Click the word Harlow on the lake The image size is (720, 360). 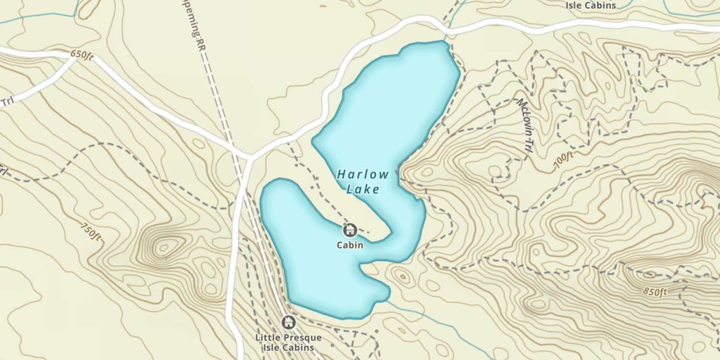pyautogui.click(x=362, y=174)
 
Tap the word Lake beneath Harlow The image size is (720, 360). pyautogui.click(x=362, y=189)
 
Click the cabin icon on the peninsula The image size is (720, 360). pyautogui.click(x=350, y=230)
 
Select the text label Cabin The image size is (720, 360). pyautogui.click(x=350, y=245)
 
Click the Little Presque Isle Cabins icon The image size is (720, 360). pyautogui.click(x=288, y=322)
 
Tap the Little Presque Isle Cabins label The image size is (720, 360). pyautogui.click(x=288, y=342)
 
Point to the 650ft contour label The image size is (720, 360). pyautogui.click(x=82, y=55)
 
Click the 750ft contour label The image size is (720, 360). pyautogui.click(x=91, y=232)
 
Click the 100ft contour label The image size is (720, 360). pyautogui.click(x=564, y=160)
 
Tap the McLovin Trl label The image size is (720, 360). pyautogui.click(x=524, y=126)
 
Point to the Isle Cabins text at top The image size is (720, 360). pyautogui.click(x=590, y=6)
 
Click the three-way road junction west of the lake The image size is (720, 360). pyautogui.click(x=249, y=157)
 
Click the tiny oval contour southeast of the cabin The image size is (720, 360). pyautogui.click(x=402, y=276)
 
